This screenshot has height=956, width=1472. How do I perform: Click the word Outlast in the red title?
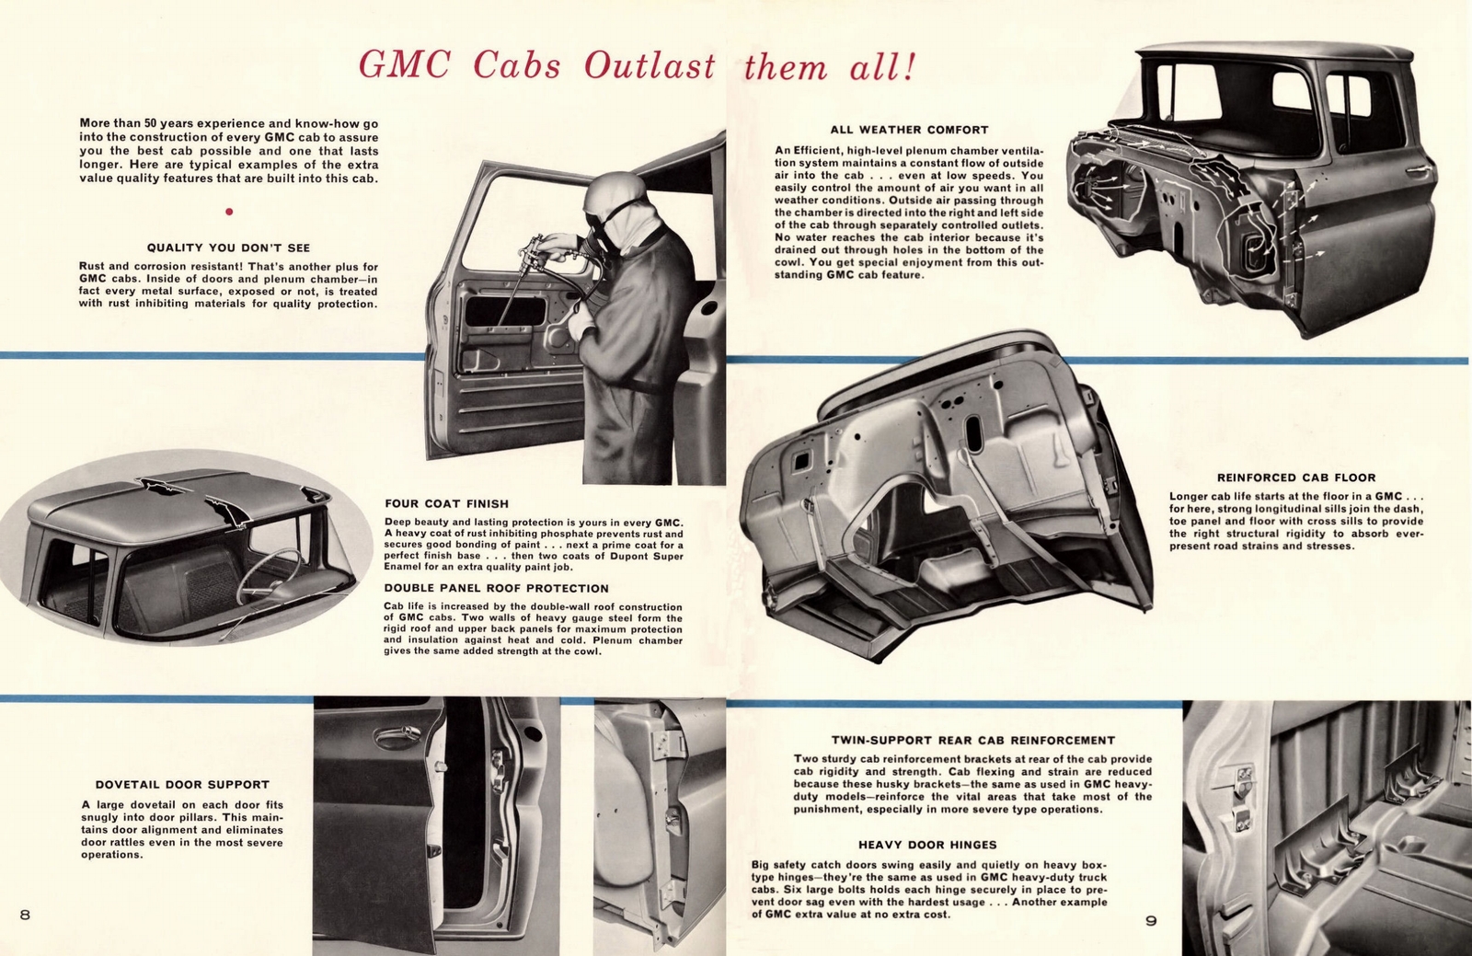pyautogui.click(x=650, y=67)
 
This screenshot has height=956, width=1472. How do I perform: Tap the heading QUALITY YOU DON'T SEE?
pyautogui.click(x=228, y=248)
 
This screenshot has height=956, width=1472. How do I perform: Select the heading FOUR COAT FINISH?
pyautogui.click(x=446, y=503)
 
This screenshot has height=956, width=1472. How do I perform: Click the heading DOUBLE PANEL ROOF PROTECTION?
pyautogui.click(x=496, y=588)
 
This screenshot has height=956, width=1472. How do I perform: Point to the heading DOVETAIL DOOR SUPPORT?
pyautogui.click(x=181, y=785)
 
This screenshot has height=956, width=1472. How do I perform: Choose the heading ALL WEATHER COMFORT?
pyautogui.click(x=909, y=130)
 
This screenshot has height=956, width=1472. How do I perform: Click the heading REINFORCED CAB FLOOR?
pyautogui.click(x=1296, y=478)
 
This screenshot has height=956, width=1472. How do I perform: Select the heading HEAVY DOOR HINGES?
pyautogui.click(x=927, y=845)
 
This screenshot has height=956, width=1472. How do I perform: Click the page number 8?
pyautogui.click(x=25, y=914)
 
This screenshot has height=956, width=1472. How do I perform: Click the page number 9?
pyautogui.click(x=1151, y=920)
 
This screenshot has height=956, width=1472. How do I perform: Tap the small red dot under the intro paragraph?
pyautogui.click(x=229, y=212)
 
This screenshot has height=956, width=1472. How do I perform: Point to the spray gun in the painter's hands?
pyautogui.click(x=543, y=249)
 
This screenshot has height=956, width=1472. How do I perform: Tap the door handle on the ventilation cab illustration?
pyautogui.click(x=1418, y=171)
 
